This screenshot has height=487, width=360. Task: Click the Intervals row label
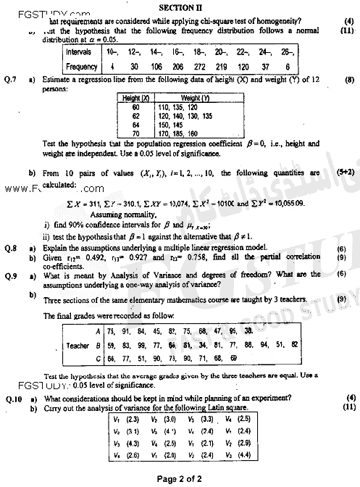[78, 53]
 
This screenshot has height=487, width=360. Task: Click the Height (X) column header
[135, 97]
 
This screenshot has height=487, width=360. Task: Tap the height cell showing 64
[135, 124]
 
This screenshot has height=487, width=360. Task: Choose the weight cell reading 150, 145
[169, 124]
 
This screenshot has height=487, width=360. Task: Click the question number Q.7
[9, 78]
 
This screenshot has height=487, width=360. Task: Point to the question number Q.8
[9, 249]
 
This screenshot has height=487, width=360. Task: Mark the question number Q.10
[11, 399]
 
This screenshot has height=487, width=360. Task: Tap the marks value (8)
[349, 78]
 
